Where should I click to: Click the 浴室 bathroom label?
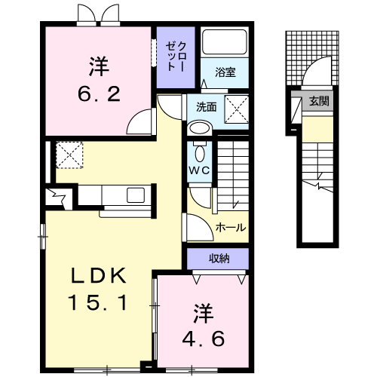click(x=225, y=72)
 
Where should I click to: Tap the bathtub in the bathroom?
click(x=225, y=42)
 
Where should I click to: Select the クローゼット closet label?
click(x=176, y=57)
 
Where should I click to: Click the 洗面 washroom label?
click(x=207, y=107)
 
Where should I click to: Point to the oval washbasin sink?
click(x=200, y=128)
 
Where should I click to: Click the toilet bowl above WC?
click(x=200, y=154)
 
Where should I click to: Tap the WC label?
click(x=199, y=171)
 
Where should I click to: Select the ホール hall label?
click(x=231, y=228)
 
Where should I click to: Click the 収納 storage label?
click(x=219, y=258)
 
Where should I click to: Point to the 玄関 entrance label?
click(x=319, y=101)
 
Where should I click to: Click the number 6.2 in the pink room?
click(x=99, y=93)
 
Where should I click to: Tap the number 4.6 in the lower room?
click(x=203, y=339)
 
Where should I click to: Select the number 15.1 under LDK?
click(x=98, y=302)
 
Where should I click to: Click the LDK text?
click(x=98, y=275)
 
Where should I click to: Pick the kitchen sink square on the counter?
click(x=136, y=195)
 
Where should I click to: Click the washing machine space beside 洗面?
click(x=237, y=109)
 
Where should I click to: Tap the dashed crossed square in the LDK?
click(x=69, y=155)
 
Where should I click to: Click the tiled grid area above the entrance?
click(x=312, y=58)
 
